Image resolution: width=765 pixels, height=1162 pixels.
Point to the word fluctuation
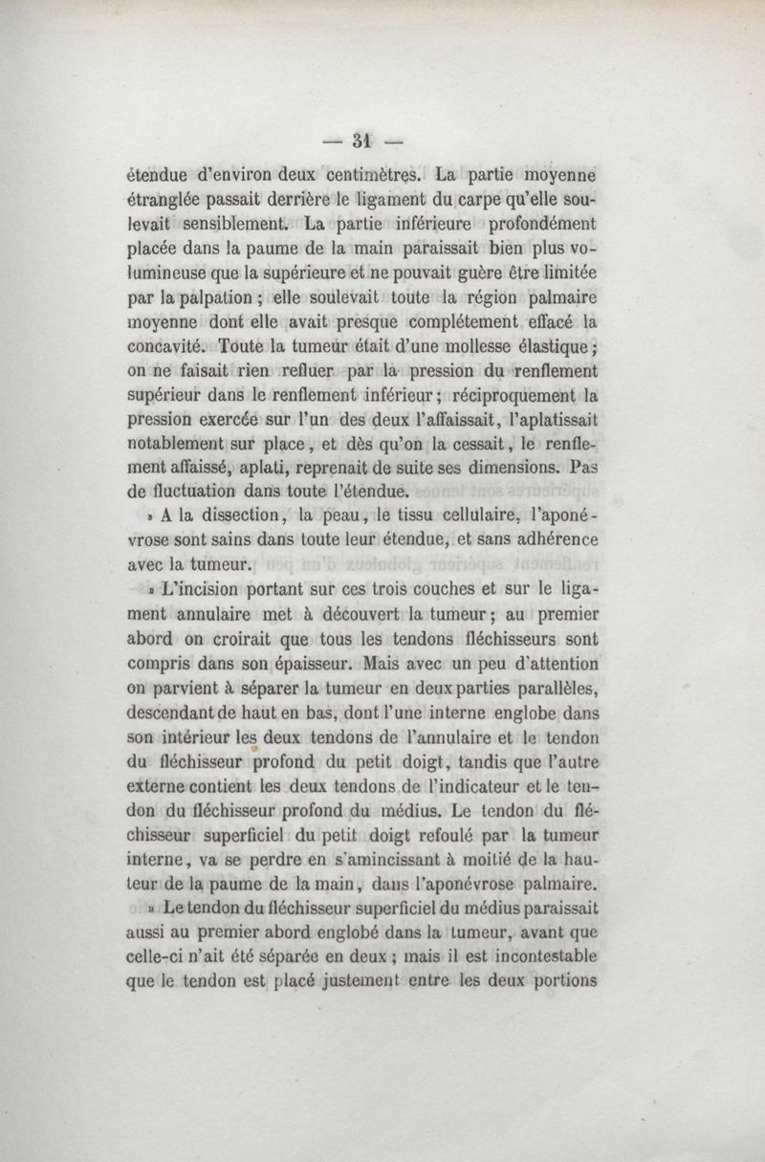pyautogui.click(x=213, y=493)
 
